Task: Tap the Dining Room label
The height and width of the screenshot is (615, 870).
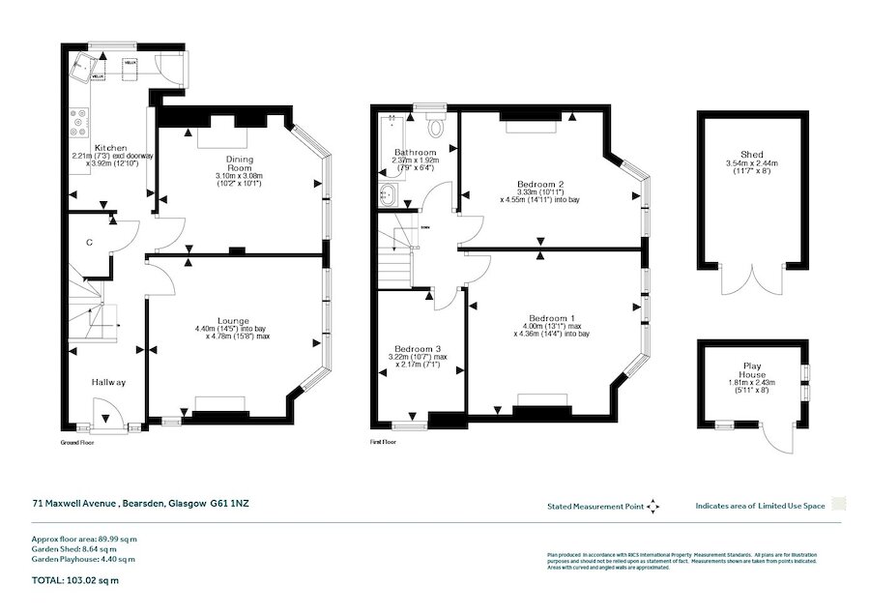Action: click(238, 163)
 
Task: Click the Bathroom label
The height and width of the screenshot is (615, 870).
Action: click(414, 153)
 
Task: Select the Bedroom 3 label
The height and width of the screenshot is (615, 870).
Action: click(417, 350)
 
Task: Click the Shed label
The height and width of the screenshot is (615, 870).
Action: click(751, 155)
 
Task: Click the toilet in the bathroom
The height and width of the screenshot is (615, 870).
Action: click(437, 125)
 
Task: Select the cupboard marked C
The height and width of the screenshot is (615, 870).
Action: click(88, 243)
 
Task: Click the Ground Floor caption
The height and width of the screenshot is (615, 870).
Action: click(77, 441)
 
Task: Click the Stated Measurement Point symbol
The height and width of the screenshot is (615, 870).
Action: click(652, 506)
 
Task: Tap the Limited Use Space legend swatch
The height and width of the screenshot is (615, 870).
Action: click(839, 505)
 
